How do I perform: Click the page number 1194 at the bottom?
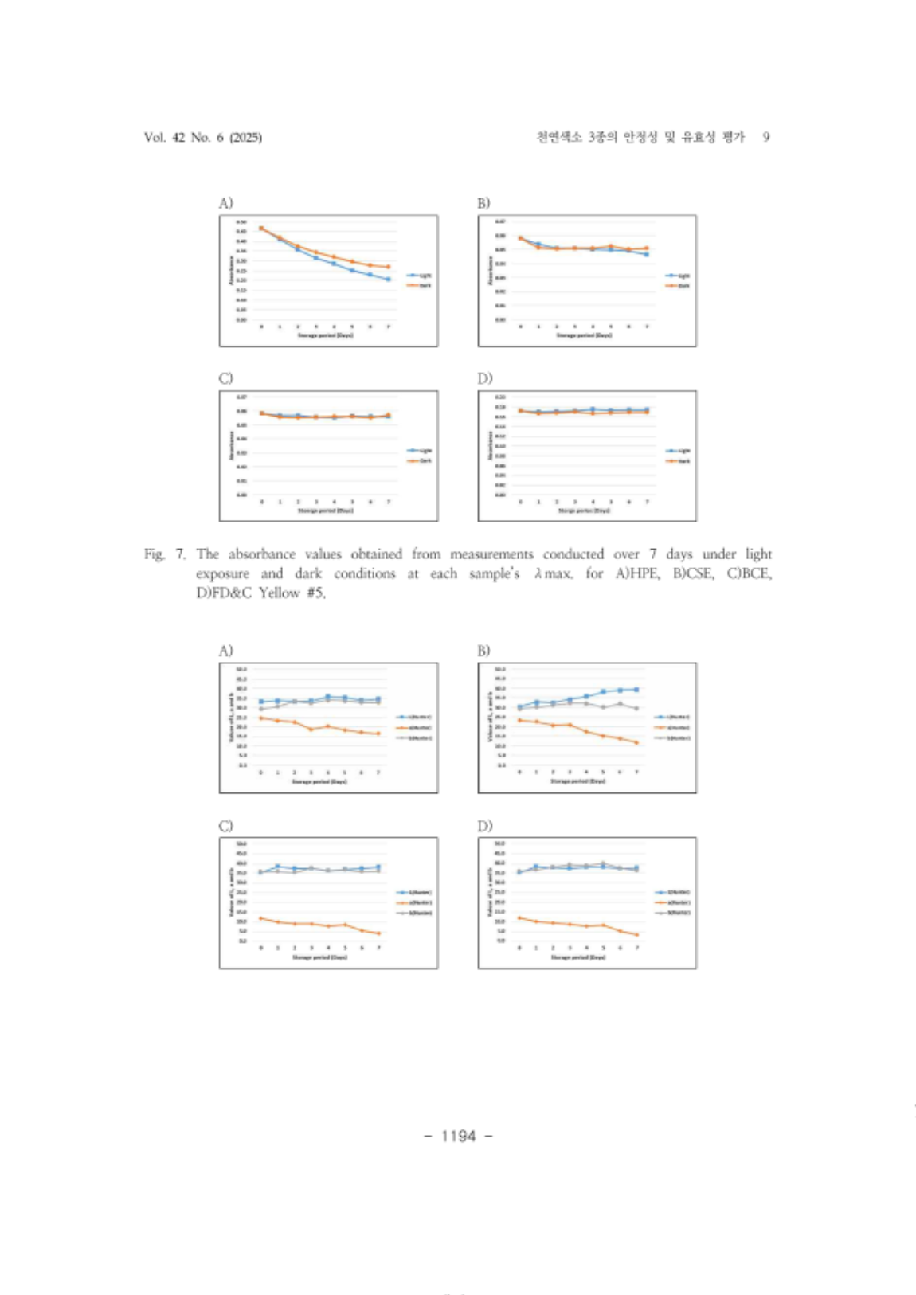pyautogui.click(x=458, y=1136)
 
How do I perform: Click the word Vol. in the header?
pyautogui.click(x=155, y=137)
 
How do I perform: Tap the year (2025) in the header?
pyautogui.click(x=245, y=137)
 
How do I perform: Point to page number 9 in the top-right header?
pyautogui.click(x=766, y=137)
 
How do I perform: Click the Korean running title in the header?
pyautogui.click(x=640, y=137)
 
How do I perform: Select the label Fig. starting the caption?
pyautogui.click(x=154, y=554)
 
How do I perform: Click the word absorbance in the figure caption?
pyautogui.click(x=261, y=554)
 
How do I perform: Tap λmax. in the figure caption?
pyautogui.click(x=554, y=573)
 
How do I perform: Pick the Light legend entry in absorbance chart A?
pyautogui.click(x=419, y=276)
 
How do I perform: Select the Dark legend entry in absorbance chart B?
pyautogui.click(x=678, y=285)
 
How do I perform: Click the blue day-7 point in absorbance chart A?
pyautogui.click(x=388, y=279)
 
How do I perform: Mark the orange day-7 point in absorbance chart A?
pyautogui.click(x=388, y=267)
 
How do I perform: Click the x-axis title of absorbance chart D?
pyautogui.click(x=584, y=511)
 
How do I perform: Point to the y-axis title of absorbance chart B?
pyautogui.click(x=489, y=269)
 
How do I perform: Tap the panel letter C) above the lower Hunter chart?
pyautogui.click(x=226, y=826)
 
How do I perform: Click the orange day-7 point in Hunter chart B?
pyautogui.click(x=636, y=742)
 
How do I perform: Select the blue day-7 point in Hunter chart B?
pyautogui.click(x=636, y=690)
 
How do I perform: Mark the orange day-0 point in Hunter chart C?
pyautogui.click(x=260, y=918)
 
